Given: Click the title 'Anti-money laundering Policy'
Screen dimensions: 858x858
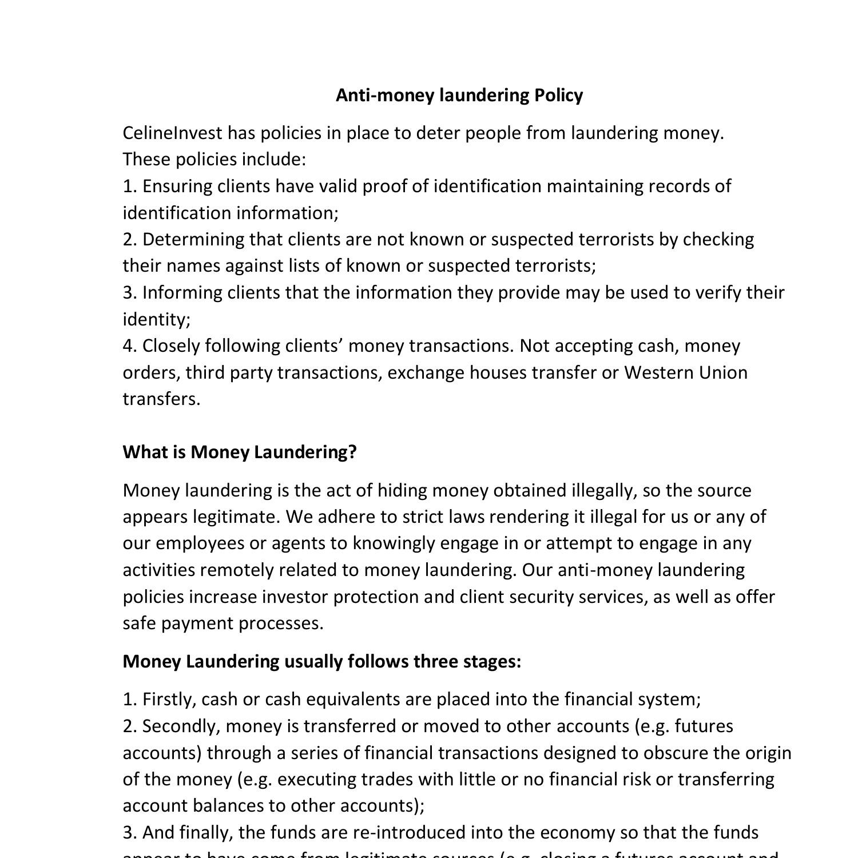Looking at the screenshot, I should pyautogui.click(x=459, y=95).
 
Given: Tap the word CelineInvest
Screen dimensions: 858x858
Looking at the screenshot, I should pyautogui.click(x=172, y=133).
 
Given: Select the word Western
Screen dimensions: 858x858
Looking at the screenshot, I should pyautogui.click(x=658, y=372).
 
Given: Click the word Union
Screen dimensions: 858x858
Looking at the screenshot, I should pyautogui.click(x=724, y=372).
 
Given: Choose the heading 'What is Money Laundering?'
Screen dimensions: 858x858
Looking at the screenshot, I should pyautogui.click(x=240, y=452).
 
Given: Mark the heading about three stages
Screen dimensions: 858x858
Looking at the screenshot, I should pyautogui.click(x=322, y=661).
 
